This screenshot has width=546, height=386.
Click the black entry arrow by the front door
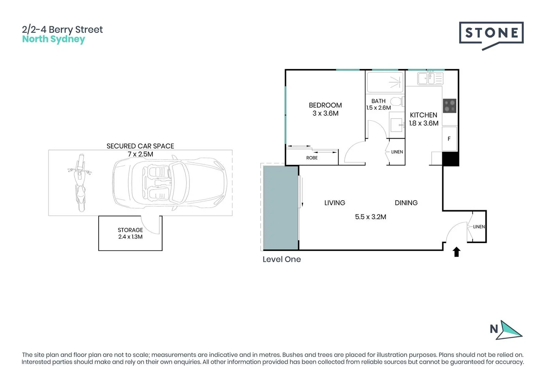[x=456, y=252]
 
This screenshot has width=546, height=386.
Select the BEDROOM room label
[x=325, y=105]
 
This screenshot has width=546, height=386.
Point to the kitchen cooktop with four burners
[x=450, y=106]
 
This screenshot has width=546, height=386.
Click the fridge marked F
[x=449, y=139]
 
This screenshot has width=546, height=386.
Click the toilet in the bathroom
[x=397, y=101]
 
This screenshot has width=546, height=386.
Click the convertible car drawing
[x=170, y=183]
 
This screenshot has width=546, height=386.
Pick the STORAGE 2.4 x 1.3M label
[x=130, y=233]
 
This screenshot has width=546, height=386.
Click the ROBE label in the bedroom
[x=312, y=158]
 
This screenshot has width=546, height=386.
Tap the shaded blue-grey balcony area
[x=281, y=208]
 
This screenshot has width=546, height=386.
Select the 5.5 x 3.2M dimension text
[x=371, y=217]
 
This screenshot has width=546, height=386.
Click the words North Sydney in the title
[x=54, y=39]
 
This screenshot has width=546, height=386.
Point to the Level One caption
[x=282, y=259]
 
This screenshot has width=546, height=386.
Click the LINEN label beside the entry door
[x=479, y=227]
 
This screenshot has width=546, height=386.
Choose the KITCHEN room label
[x=423, y=115]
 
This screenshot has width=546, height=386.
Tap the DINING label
[x=406, y=203]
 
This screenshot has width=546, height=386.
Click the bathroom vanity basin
[x=397, y=125]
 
